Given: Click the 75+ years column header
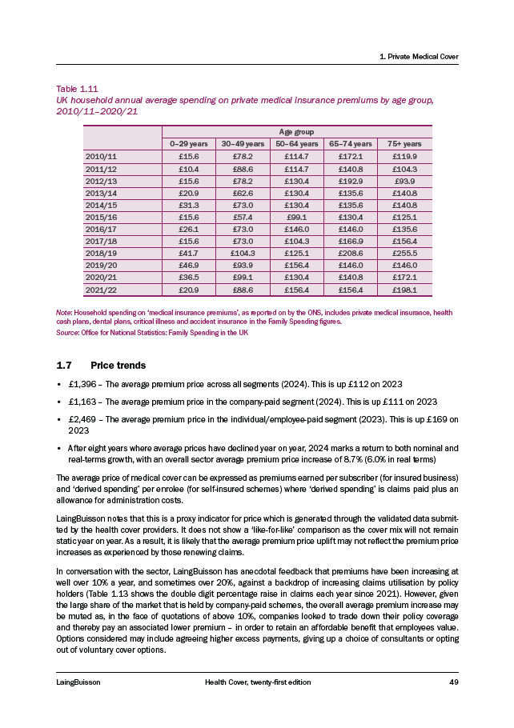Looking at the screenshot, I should click(x=404, y=143).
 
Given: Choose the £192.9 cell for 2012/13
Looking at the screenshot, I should click(x=351, y=180).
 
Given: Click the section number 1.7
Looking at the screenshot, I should click(x=63, y=365).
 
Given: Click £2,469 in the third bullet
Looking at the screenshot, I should click(x=83, y=418).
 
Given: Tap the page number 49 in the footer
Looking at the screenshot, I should click(x=453, y=682).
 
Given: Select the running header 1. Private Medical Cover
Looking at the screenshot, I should click(x=417, y=56).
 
